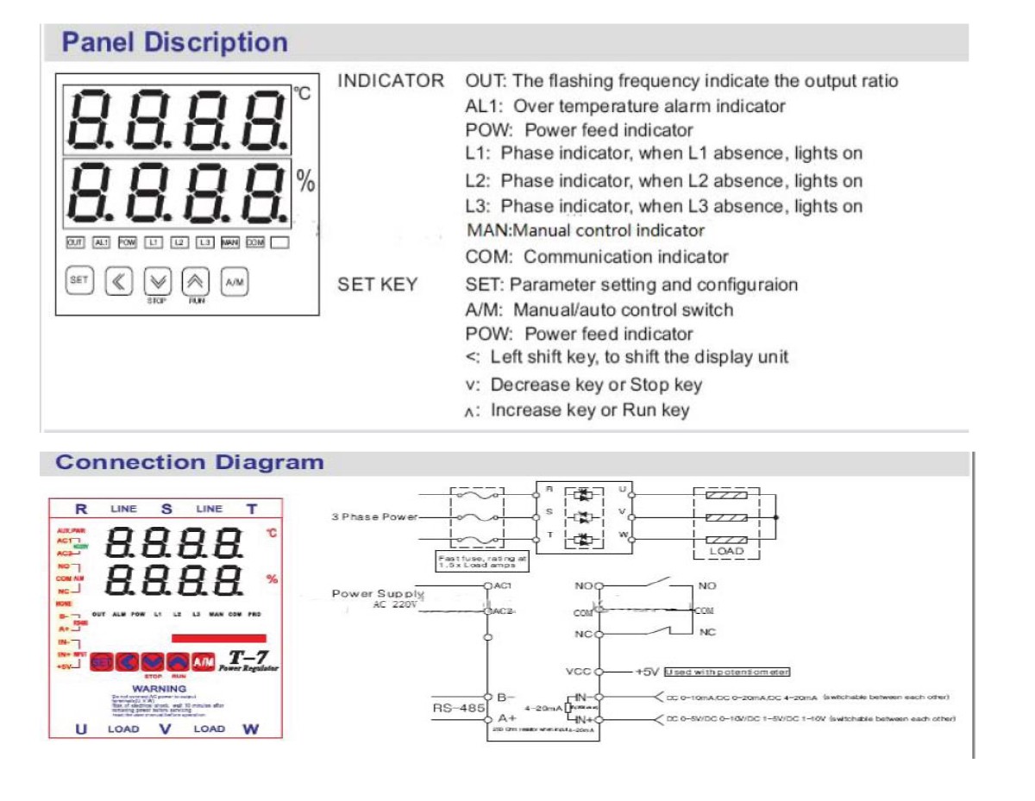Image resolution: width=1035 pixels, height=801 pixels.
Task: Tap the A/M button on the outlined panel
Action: pyautogui.click(x=234, y=281)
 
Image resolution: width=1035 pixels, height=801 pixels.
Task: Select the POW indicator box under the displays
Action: pyautogui.click(x=127, y=243)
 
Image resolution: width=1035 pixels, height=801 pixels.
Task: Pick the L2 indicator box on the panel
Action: pyautogui.click(x=179, y=243)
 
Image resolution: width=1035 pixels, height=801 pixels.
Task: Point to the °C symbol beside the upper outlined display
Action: pyautogui.click(x=303, y=94)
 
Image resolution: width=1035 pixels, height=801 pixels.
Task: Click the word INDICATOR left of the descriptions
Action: pyautogui.click(x=391, y=81)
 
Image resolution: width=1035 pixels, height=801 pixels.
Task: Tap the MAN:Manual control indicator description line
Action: pyautogui.click(x=585, y=231)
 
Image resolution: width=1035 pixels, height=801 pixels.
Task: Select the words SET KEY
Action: pyautogui.click(x=378, y=285)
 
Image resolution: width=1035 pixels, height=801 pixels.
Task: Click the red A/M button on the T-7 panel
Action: pyautogui.click(x=204, y=661)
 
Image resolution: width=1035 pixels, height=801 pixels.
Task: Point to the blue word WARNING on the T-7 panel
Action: pyautogui.click(x=159, y=689)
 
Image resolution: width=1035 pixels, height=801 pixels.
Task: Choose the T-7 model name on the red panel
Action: pyautogui.click(x=247, y=658)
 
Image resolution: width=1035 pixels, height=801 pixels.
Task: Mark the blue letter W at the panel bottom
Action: pyautogui.click(x=250, y=729)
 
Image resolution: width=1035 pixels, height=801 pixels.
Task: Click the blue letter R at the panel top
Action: pyautogui.click(x=81, y=509)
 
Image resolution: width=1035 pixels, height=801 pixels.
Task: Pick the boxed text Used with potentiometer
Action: pyautogui.click(x=726, y=672)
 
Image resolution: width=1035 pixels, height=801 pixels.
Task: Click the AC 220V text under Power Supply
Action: pyautogui.click(x=395, y=605)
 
